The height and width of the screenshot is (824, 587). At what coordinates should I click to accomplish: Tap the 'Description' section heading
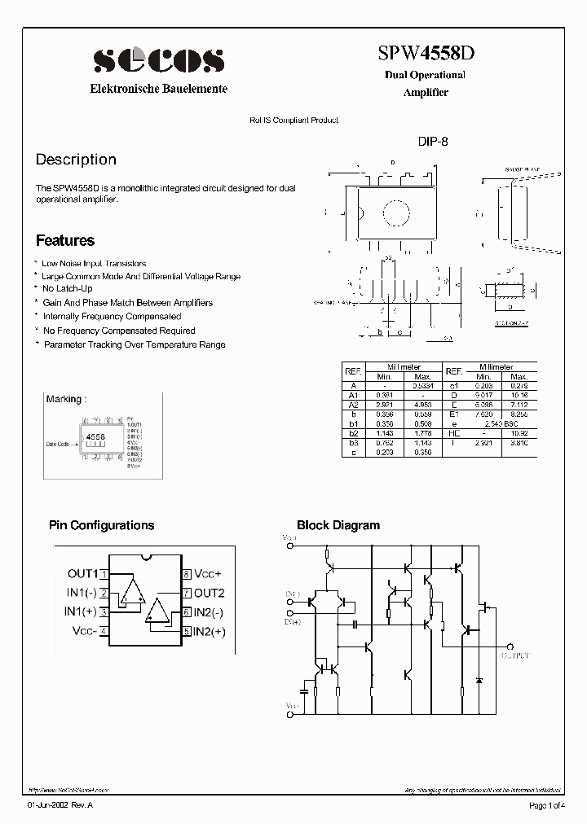point(76,160)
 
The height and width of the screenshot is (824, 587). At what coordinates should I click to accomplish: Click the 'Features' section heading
point(65,241)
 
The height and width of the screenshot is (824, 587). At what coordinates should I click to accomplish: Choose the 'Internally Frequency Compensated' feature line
point(112,316)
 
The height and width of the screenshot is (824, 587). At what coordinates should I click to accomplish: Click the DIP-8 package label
point(433,141)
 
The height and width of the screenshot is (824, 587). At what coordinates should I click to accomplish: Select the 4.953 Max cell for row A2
point(422,404)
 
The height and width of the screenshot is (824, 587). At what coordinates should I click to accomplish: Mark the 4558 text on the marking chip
point(95,437)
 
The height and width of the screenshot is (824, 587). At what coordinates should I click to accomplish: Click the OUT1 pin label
point(82,574)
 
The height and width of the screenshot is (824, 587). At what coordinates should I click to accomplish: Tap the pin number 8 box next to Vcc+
point(187,574)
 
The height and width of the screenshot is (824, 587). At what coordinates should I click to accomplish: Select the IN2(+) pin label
point(210,631)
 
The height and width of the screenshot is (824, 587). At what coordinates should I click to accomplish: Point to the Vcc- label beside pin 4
point(85,631)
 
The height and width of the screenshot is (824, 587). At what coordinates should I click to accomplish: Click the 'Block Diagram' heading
point(338,525)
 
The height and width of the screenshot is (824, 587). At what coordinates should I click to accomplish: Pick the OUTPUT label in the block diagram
point(514,655)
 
